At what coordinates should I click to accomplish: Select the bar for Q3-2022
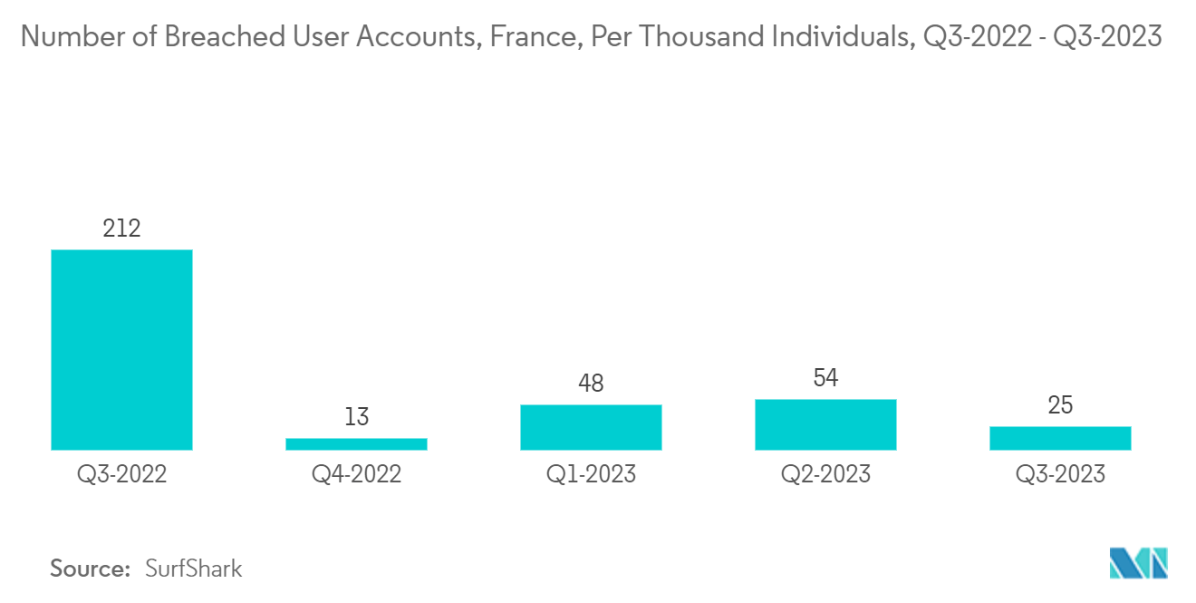(121, 349)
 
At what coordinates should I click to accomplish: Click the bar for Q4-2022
(356, 443)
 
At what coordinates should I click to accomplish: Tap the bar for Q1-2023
(591, 426)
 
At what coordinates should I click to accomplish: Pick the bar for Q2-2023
(825, 423)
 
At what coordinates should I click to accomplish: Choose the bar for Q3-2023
(1060, 438)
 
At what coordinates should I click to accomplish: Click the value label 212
(121, 229)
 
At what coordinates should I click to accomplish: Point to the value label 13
(356, 417)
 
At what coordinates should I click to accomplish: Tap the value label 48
(591, 384)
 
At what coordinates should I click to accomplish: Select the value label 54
(825, 378)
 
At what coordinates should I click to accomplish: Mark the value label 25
(1060, 405)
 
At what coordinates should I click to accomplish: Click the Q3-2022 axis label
(121, 473)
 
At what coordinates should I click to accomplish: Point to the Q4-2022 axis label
(356, 473)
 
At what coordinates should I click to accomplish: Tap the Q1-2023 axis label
(591, 473)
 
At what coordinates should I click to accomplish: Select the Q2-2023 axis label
(825, 473)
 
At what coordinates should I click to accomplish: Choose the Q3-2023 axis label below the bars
(1060, 473)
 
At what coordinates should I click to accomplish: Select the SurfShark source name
(194, 569)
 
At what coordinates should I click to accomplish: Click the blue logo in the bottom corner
(1138, 563)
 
